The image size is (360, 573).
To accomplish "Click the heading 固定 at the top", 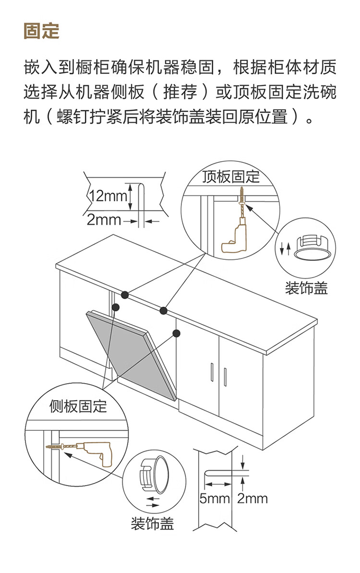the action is pyautogui.click(x=41, y=31).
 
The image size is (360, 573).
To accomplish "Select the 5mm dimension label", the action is pyautogui.click(x=215, y=498).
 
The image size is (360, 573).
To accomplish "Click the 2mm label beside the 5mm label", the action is pyautogui.click(x=252, y=498).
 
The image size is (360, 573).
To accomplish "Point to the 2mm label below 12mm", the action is pyautogui.click(x=104, y=220).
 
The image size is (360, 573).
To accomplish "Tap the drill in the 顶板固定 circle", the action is pyautogui.click(x=234, y=238).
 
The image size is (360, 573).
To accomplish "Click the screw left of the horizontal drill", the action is pyautogui.click(x=56, y=447).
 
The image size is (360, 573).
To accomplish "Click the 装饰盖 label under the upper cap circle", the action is pyautogui.click(x=306, y=288).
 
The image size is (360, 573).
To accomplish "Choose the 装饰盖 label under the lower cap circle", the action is pyautogui.click(x=152, y=523).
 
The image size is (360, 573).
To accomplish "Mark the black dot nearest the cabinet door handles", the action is pyautogui.click(x=176, y=333).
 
